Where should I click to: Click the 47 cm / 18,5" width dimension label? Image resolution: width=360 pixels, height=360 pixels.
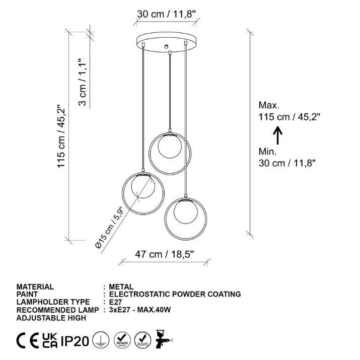164,254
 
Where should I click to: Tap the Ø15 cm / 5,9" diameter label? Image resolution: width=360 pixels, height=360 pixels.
109,227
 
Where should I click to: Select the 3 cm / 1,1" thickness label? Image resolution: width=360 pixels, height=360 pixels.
82,82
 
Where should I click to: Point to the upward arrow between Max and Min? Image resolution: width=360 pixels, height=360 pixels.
278,135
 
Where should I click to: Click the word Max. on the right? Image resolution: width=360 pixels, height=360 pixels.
269,105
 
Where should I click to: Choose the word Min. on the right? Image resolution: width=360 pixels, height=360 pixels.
268,152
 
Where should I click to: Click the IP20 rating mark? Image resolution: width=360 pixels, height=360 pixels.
75,341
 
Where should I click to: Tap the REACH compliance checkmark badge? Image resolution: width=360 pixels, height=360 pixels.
122,340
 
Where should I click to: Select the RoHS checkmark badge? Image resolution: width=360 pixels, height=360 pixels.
142,340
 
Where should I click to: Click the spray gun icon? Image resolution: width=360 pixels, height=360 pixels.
164,339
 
